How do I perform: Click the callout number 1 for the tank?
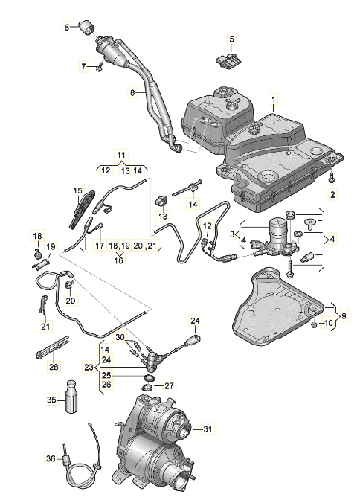274,100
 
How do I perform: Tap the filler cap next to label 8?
87,27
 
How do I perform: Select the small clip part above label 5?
228,60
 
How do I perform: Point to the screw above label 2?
332,177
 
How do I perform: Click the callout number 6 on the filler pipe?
132,93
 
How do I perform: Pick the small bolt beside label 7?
99,67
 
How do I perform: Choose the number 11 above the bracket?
120,156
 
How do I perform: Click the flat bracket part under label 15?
83,209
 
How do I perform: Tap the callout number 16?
118,260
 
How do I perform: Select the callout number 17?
100,246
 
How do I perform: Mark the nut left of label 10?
314,325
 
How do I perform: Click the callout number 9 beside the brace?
344,315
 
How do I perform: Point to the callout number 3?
232,234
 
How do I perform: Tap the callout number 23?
89,368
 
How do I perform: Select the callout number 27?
170,385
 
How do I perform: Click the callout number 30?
120,337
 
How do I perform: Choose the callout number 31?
208,429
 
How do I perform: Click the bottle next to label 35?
71,397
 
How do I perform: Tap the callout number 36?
51,459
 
